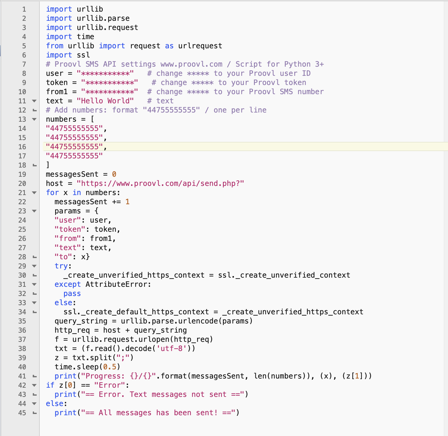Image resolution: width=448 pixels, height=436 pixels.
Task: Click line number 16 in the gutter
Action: point(22,147)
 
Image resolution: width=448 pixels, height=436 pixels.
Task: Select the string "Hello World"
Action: point(105,101)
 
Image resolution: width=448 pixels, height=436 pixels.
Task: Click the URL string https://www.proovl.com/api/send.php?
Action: point(160,183)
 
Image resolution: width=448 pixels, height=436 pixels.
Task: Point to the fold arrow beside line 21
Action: point(34,193)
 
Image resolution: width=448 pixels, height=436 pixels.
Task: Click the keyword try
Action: point(61,266)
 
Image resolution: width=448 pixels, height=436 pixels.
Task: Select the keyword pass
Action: point(72,294)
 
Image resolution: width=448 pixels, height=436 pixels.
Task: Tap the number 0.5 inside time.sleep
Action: point(110,367)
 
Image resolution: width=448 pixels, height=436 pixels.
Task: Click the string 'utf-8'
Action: point(171,349)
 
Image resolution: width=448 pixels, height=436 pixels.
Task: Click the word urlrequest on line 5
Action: point(200,46)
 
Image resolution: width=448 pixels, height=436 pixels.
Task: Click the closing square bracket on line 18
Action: point(48,165)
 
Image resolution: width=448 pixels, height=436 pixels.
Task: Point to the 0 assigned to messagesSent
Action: point(114,174)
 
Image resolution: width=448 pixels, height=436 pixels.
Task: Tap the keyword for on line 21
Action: point(52,193)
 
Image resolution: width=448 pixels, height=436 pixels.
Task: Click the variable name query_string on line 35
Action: point(81,321)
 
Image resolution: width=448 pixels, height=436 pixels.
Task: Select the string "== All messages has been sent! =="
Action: point(158,412)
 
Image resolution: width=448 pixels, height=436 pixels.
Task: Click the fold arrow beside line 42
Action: point(34,385)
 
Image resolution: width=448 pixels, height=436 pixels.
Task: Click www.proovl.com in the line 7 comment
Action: point(191,64)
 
